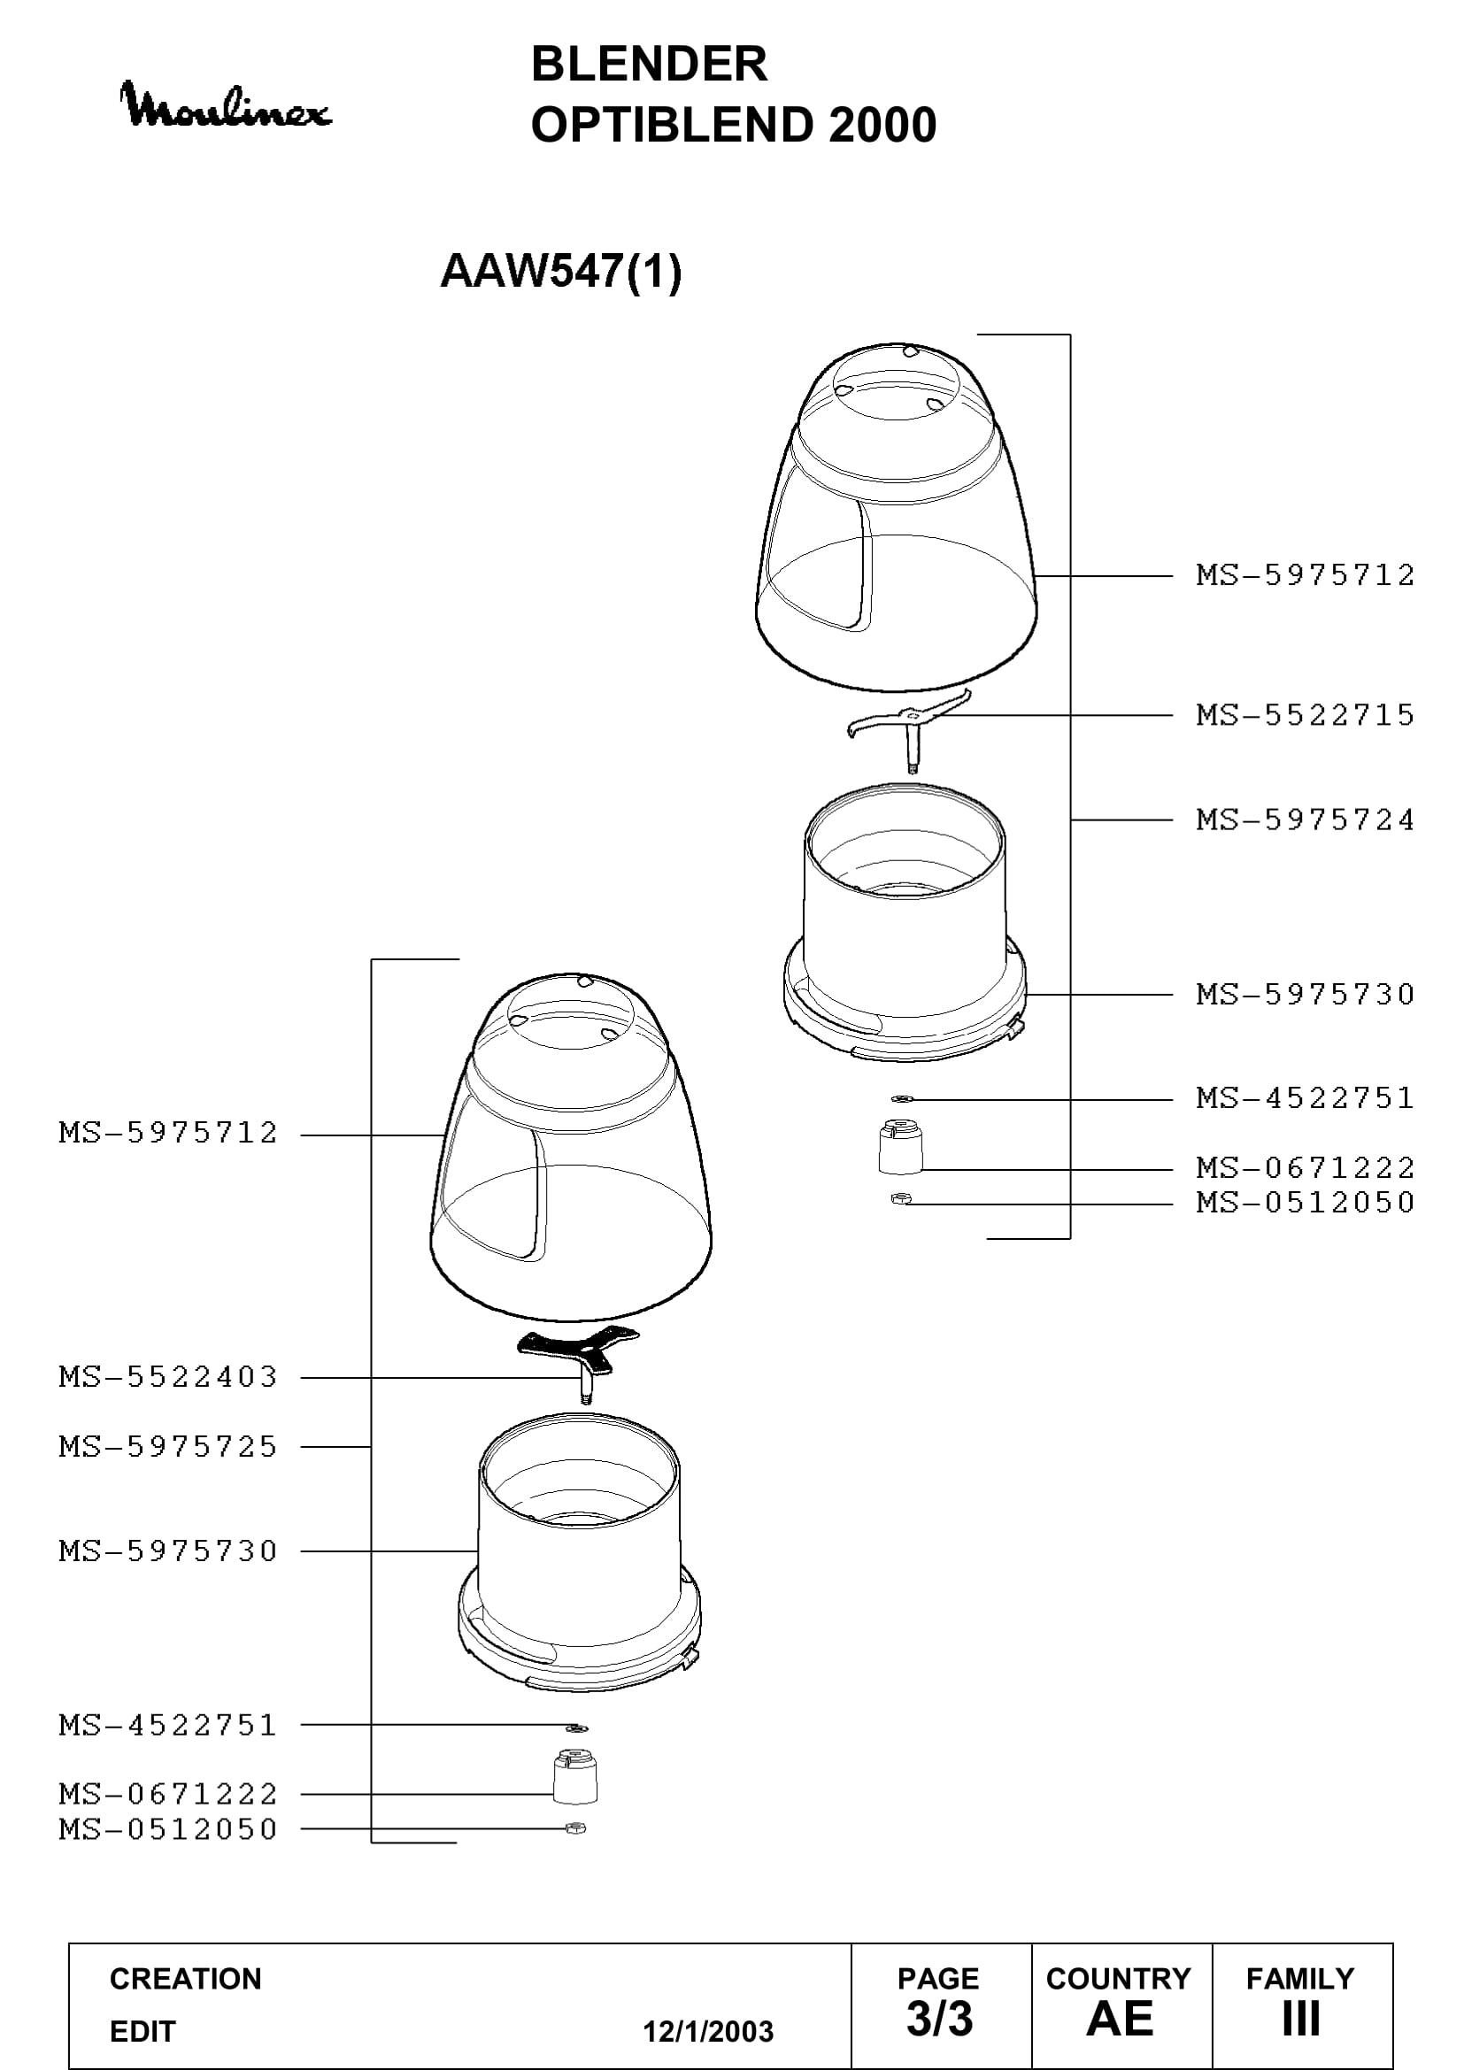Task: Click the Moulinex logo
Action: point(226,105)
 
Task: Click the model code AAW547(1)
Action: point(560,271)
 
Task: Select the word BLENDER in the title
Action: point(649,64)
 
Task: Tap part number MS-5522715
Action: point(1306,715)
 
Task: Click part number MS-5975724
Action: point(1306,820)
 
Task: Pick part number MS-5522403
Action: point(168,1377)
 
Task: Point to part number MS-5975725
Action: point(168,1447)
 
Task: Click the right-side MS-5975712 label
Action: point(1306,574)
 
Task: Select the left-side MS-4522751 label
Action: point(168,1726)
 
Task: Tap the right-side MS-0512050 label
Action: point(1306,1202)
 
